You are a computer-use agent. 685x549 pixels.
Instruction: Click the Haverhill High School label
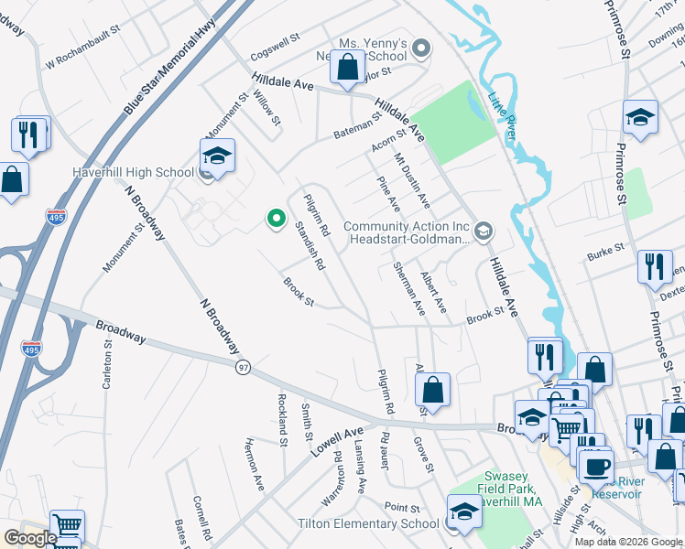coord(133,172)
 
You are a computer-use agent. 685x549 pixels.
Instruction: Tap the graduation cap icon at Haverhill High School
coord(217,156)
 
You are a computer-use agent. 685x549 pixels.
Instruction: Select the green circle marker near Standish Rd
coord(274,219)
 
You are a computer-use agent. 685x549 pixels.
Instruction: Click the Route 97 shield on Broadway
coord(243,367)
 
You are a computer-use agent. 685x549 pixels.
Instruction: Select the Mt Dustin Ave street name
coord(412,179)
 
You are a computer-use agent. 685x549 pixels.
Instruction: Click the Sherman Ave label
coord(408,289)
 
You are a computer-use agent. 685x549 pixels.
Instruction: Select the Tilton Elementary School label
coord(368,523)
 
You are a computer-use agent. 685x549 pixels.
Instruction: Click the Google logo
coord(30,538)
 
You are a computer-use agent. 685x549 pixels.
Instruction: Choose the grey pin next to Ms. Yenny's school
coord(421,48)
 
